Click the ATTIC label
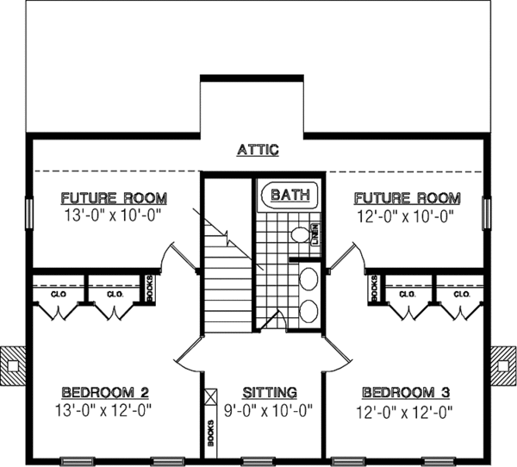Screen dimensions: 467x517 (258, 149)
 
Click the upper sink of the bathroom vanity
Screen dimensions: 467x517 (308, 278)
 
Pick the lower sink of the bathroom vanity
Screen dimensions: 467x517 (308, 310)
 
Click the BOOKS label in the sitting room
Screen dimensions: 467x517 (210, 432)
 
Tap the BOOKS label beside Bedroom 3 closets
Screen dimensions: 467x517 (375, 287)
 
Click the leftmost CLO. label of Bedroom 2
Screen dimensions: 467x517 (58, 294)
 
